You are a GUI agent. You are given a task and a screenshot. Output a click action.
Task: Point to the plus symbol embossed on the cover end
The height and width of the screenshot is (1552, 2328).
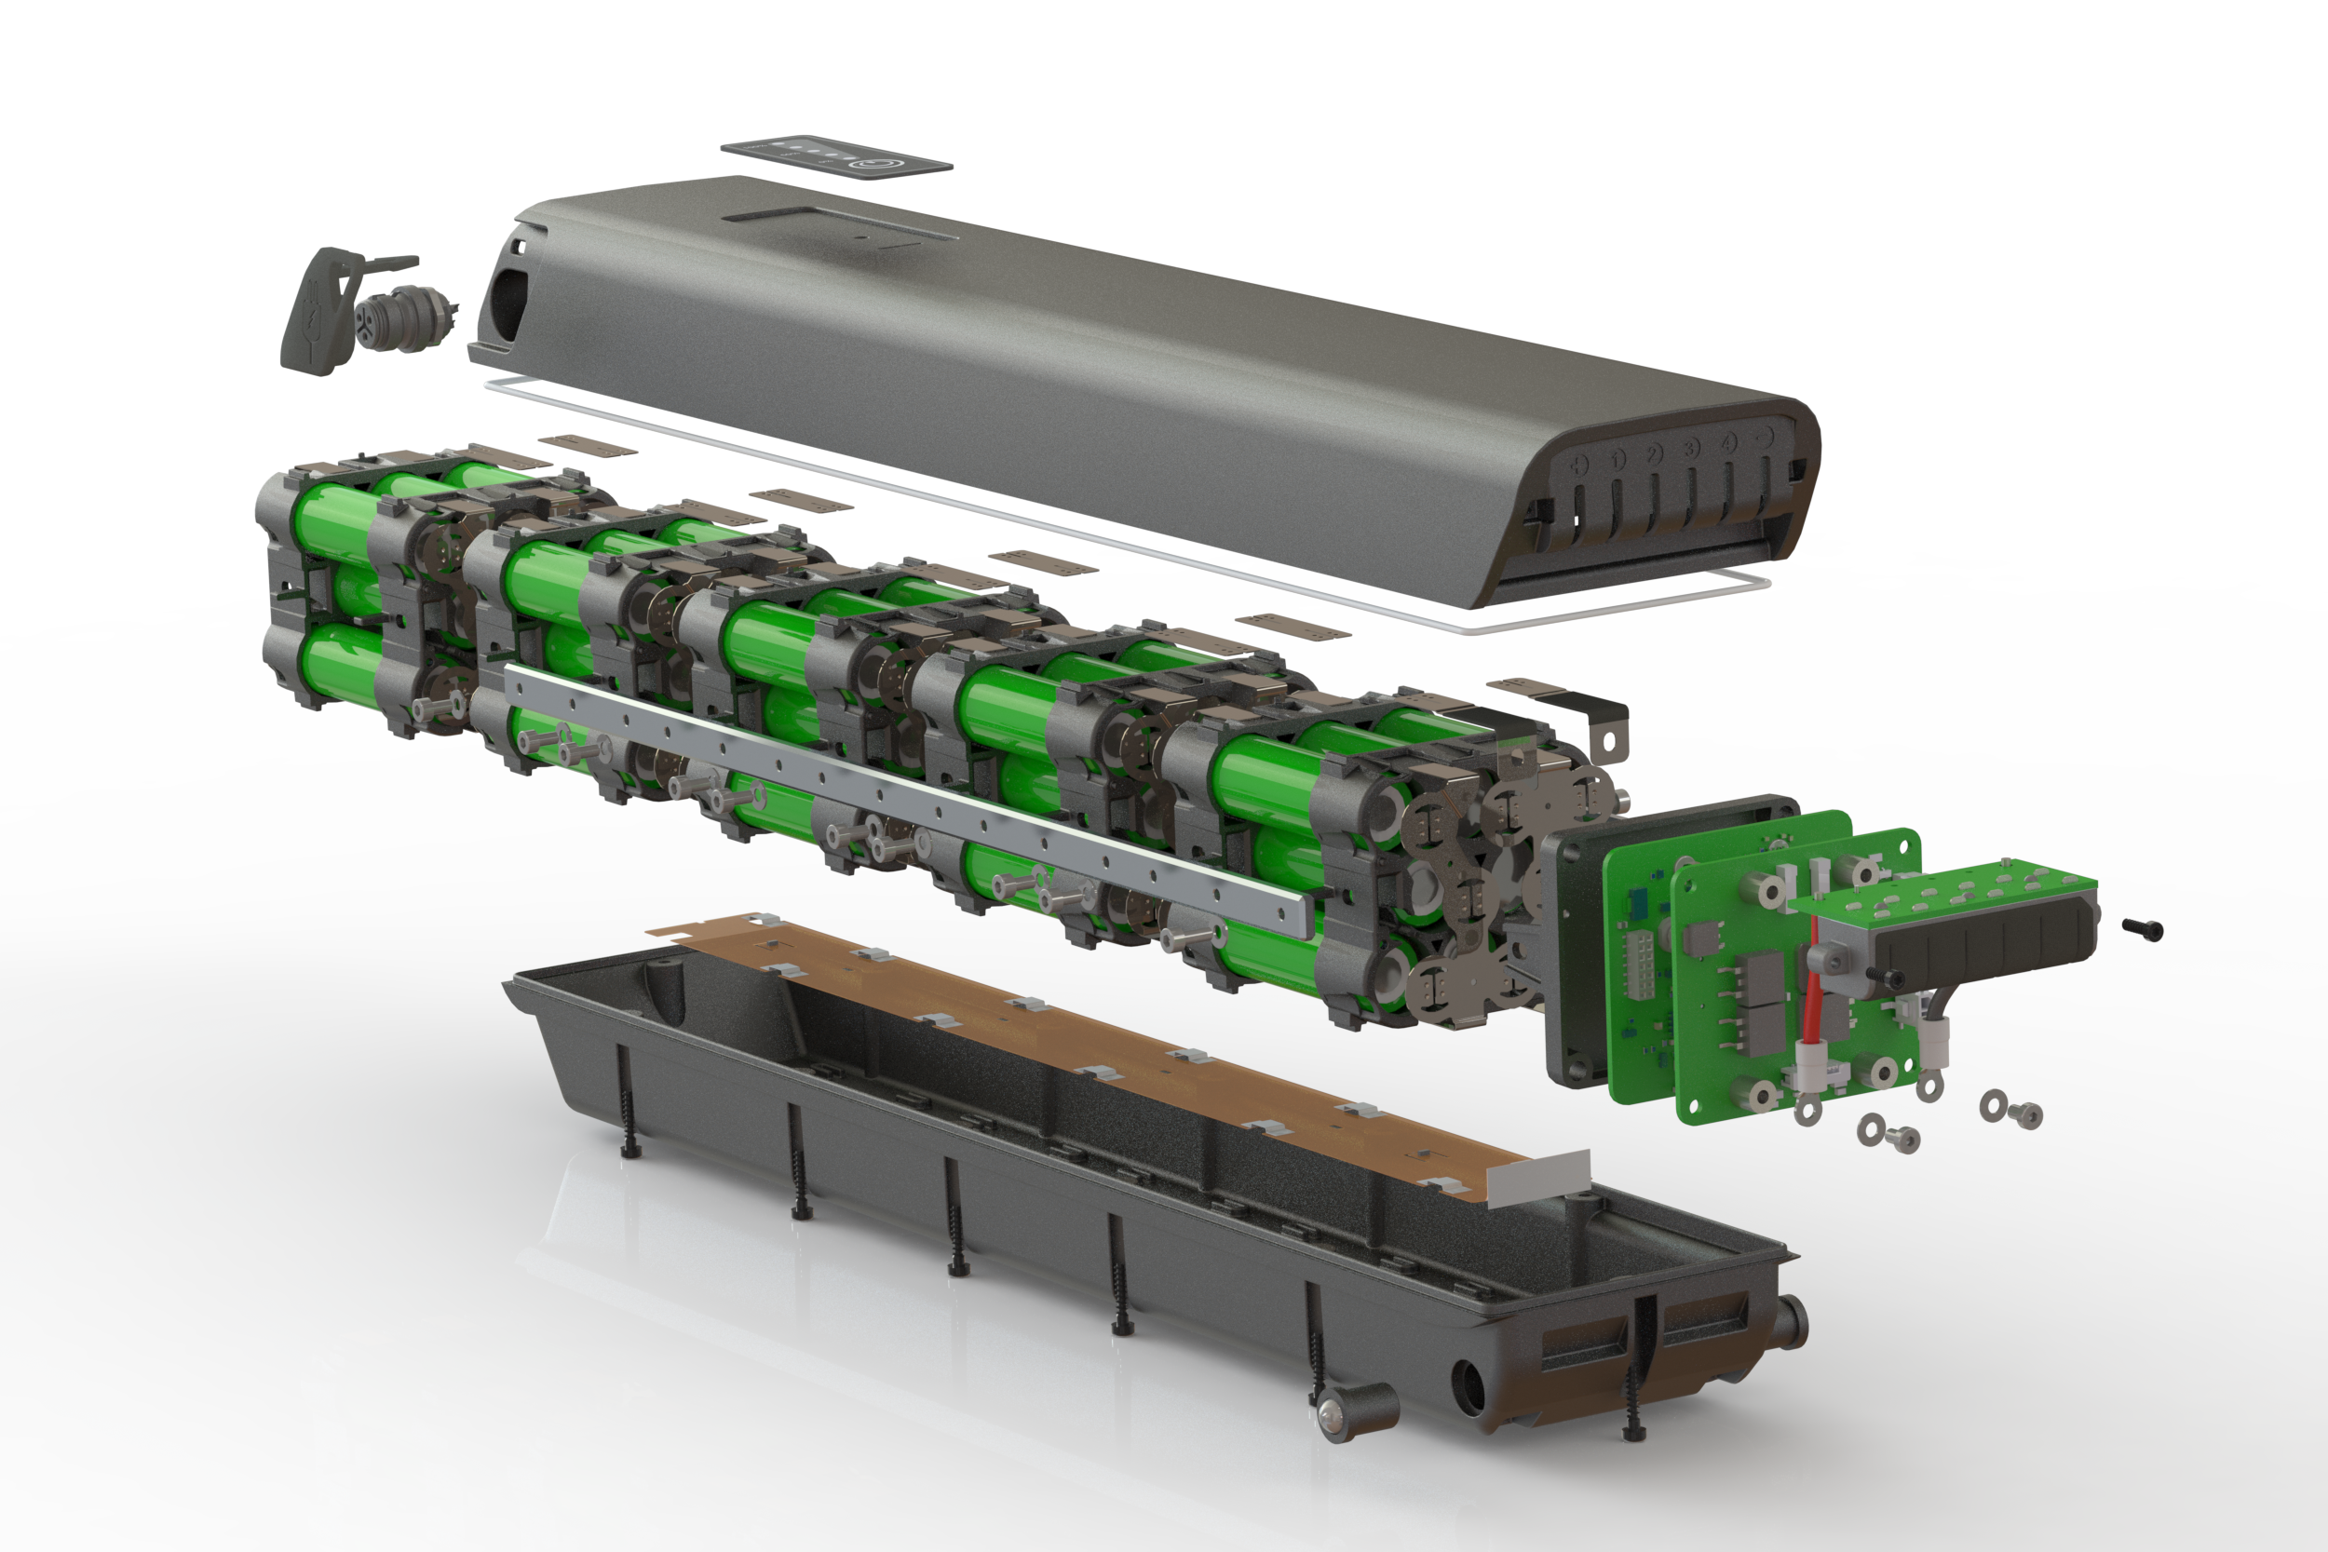(1579, 462)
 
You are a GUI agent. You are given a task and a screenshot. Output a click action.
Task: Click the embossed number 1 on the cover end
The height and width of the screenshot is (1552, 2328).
(1617, 458)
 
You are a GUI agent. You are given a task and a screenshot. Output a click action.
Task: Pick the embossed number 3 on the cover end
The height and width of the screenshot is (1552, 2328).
(1692, 449)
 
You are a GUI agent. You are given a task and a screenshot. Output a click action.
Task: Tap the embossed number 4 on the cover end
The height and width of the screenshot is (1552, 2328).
(1728, 443)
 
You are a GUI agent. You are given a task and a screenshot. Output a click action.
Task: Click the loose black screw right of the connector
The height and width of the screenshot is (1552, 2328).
(2144, 928)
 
